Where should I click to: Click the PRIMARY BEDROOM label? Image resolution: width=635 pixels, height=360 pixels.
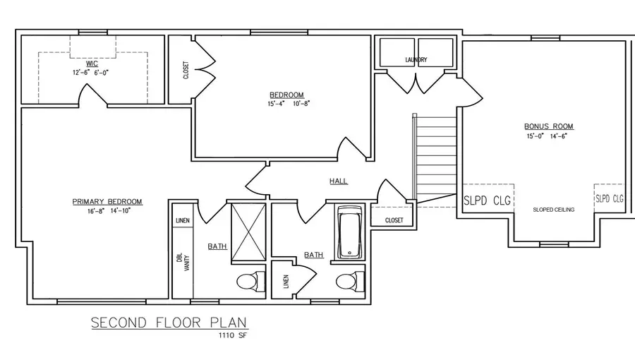(x=107, y=202)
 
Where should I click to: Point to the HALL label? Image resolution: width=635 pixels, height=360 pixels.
(x=338, y=181)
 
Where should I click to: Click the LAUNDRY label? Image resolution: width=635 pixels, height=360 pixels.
(x=416, y=60)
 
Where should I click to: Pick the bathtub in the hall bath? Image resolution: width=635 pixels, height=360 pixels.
(x=349, y=232)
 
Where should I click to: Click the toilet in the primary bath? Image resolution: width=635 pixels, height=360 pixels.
(x=246, y=283)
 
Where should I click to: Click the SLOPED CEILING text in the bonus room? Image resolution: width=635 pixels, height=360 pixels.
(x=553, y=210)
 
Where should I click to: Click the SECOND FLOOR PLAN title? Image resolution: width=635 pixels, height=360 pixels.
(x=170, y=323)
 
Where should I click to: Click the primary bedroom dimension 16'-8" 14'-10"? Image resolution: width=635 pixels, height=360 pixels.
(x=107, y=211)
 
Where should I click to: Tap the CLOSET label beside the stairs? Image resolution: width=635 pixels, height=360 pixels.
(x=394, y=220)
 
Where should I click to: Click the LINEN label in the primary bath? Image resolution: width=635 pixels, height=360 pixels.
(x=181, y=220)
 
